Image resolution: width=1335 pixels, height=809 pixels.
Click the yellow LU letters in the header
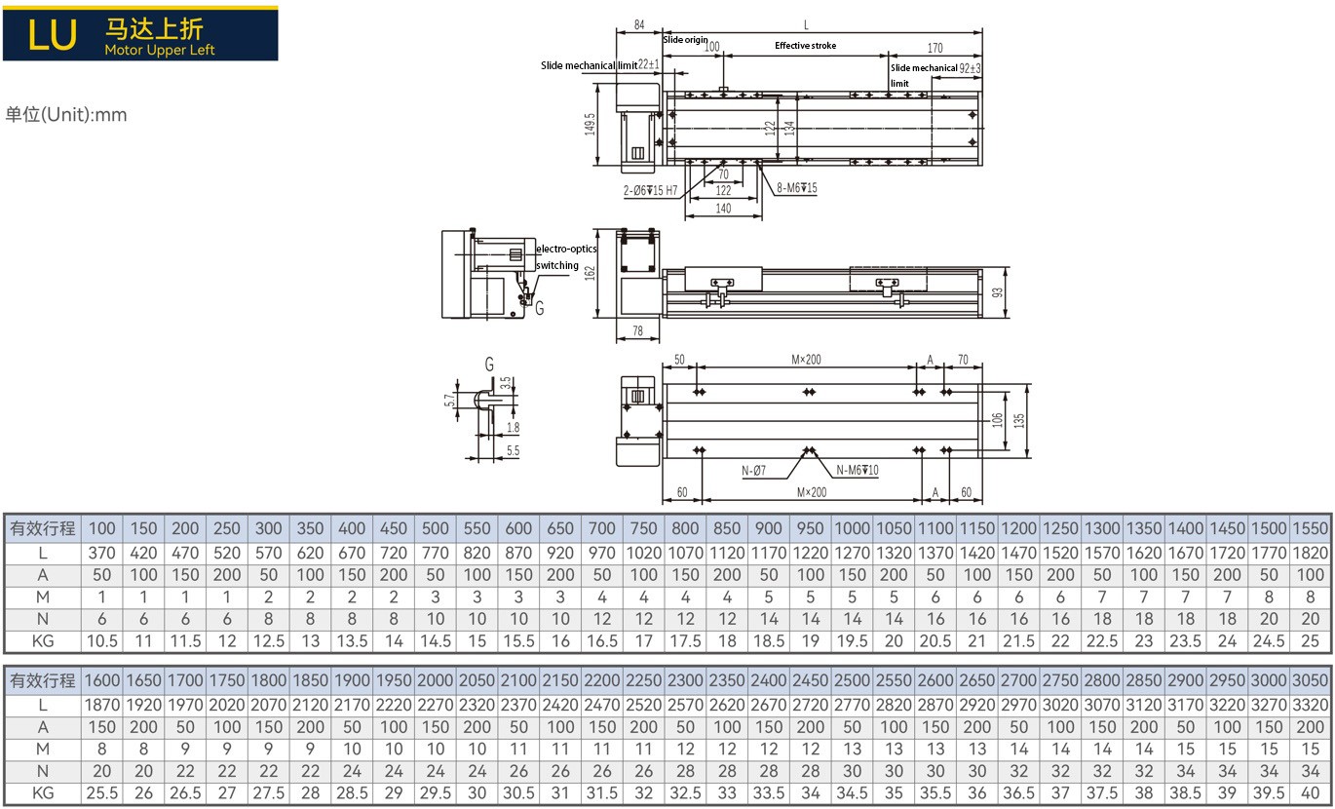[53, 34]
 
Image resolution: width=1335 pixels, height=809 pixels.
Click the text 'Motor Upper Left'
[160, 50]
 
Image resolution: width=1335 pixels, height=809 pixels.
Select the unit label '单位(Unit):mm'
[66, 115]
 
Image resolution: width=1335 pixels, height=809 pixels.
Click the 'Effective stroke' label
[805, 46]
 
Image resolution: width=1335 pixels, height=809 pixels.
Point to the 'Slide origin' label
[686, 40]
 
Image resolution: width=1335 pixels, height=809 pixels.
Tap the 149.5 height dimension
[591, 123]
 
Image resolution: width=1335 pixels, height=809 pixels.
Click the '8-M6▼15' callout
[797, 188]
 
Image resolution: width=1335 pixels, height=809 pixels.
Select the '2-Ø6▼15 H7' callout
[651, 190]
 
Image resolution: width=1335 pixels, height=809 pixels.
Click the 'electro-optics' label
[566, 250]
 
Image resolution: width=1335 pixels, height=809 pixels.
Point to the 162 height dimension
[591, 273]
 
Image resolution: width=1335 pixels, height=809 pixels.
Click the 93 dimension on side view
[996, 293]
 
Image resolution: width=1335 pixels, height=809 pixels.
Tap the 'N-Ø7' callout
[753, 471]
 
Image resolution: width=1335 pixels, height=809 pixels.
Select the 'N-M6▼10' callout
[858, 471]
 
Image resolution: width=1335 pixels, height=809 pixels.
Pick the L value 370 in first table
[101, 553]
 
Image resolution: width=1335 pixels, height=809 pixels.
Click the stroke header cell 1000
[852, 528]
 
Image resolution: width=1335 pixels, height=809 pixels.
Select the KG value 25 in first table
[1311, 640]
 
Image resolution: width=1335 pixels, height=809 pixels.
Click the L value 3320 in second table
[1311, 704]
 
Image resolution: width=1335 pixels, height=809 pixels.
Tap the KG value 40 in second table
[1311, 792]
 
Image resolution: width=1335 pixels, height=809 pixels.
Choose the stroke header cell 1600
[101, 679]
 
